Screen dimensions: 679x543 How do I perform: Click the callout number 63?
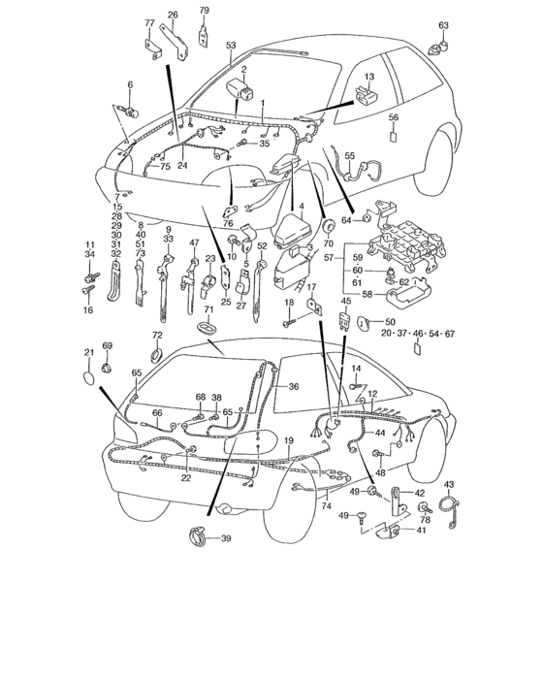(443, 25)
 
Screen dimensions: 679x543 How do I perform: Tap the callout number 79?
(204, 11)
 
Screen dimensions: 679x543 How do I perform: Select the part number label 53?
(231, 45)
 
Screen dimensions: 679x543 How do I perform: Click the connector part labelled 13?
(367, 94)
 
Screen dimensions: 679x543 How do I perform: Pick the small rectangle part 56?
(394, 136)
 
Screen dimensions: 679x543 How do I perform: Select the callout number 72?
(157, 335)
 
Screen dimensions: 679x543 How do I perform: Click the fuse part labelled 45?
(343, 319)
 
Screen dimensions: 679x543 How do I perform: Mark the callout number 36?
(293, 385)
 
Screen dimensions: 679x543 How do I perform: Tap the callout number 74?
(327, 506)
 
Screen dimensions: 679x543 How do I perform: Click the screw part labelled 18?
(289, 322)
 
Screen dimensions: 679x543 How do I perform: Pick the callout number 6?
(129, 85)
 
